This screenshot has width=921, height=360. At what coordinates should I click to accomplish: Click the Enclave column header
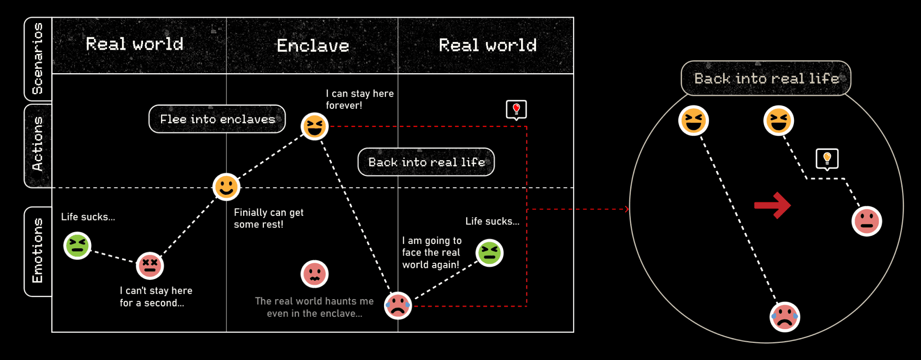313,46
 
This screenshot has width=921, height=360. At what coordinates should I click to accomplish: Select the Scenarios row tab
38,59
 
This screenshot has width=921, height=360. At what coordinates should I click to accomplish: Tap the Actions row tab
38,145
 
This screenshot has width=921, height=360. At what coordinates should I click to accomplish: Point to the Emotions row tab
38,251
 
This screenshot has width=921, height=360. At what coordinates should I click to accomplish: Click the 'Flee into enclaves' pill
217,119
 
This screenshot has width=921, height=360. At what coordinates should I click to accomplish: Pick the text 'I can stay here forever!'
359,99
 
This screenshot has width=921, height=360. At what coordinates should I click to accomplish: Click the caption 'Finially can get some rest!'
268,218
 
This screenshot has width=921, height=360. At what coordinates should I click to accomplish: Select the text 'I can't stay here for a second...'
156,297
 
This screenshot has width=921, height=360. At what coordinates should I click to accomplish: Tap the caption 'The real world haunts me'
314,301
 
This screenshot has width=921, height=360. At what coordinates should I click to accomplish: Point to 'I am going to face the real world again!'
432,253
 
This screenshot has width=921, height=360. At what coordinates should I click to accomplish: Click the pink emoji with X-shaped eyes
150,265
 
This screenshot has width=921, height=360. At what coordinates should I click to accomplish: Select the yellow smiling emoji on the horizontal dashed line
226,187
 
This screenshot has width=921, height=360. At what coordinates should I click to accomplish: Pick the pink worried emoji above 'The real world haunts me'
314,274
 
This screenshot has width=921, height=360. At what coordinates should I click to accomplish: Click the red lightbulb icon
516,110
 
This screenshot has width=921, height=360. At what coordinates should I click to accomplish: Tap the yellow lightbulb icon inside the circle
827,159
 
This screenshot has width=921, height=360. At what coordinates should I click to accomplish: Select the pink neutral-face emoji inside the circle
867,221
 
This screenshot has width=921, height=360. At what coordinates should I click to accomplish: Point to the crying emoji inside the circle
784,317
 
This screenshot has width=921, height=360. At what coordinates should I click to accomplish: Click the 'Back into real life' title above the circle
766,78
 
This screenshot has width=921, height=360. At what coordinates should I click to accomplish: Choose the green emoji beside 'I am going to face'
489,253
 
